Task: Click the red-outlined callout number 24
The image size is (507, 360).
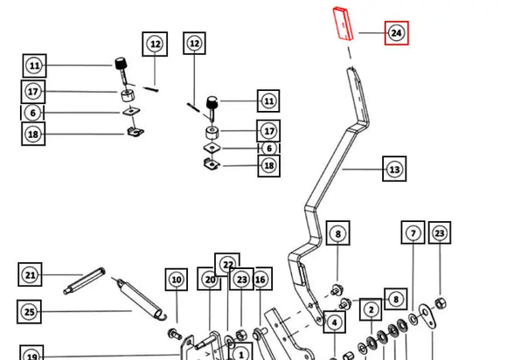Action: point(396,33)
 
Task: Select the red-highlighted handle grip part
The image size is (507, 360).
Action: point(343,24)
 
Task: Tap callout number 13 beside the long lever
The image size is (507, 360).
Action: point(394,169)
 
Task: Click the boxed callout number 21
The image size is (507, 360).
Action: point(30,274)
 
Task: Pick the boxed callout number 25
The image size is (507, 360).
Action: point(30,312)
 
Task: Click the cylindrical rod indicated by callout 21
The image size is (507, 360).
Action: point(84,280)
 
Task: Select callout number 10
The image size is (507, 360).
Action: point(177,280)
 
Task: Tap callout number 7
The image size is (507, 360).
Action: point(413,232)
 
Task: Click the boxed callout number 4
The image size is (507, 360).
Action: point(334,322)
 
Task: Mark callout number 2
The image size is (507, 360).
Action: point(371,309)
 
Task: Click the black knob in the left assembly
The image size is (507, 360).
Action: point(121,63)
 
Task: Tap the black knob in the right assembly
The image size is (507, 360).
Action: point(212,102)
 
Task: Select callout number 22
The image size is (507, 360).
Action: point(227,264)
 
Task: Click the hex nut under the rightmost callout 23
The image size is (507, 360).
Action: point(440,303)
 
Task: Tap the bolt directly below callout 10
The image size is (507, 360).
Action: point(175,334)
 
